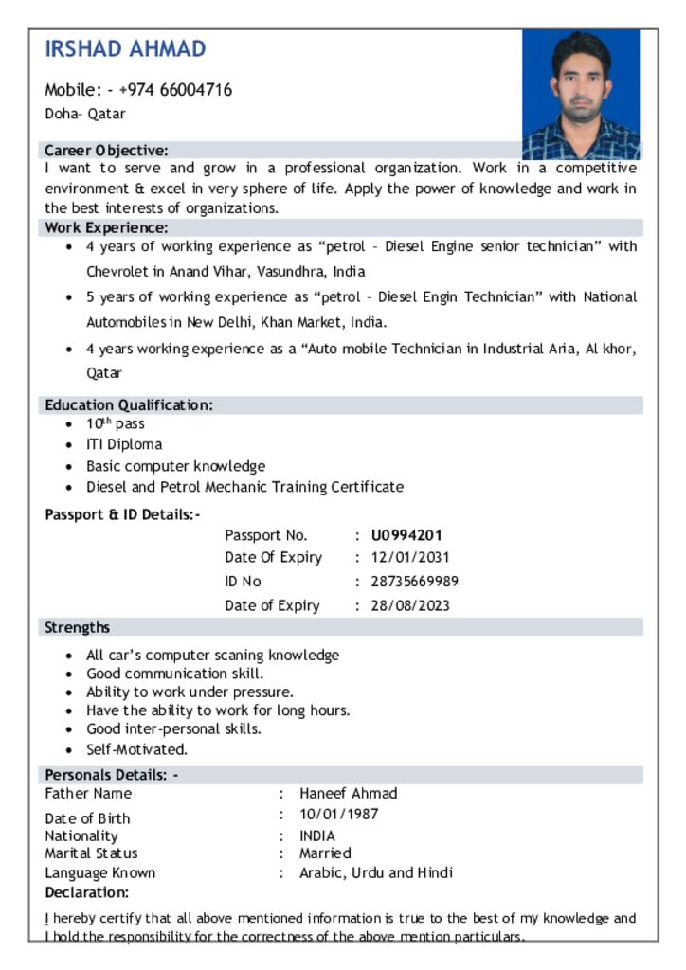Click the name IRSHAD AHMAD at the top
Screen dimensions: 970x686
pos(125,49)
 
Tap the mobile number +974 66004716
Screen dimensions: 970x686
pos(175,90)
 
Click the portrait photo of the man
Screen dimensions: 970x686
pos(581,94)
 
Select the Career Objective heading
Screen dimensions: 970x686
pos(106,150)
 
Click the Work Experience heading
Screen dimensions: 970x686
pos(106,227)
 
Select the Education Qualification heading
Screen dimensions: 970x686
pos(129,404)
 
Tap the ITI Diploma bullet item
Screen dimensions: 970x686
pos(124,444)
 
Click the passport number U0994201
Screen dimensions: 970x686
pos(406,535)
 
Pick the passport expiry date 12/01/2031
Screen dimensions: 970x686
pos(410,558)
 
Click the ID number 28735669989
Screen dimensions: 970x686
pos(415,582)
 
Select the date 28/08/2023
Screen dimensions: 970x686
pos(410,606)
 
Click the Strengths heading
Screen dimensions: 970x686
pos(78,627)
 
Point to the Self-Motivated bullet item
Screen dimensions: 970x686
pos(136,749)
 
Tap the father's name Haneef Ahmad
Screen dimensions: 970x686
pos(349,794)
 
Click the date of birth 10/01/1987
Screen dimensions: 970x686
pos(339,815)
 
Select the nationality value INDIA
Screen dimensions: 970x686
pos(317,836)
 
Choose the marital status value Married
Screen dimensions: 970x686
pos(325,853)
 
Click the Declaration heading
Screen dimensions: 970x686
pos(87,892)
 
